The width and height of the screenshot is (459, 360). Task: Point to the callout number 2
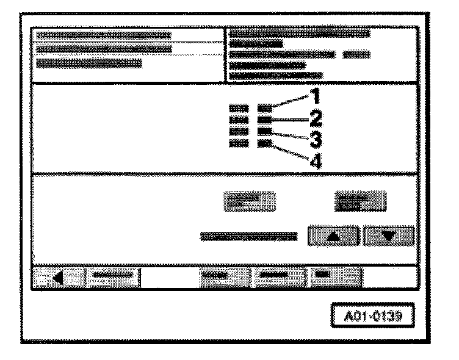316,117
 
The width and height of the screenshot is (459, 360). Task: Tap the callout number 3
316,140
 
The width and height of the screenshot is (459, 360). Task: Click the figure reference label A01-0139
371,317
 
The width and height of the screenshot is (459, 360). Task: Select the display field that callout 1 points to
265,108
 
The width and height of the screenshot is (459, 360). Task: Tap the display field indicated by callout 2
265,119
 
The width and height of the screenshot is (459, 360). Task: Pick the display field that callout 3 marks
265,131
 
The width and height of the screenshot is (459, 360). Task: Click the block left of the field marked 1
239,108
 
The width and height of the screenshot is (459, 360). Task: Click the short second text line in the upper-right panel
256,44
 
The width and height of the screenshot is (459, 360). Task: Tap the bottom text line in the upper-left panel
89,63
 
